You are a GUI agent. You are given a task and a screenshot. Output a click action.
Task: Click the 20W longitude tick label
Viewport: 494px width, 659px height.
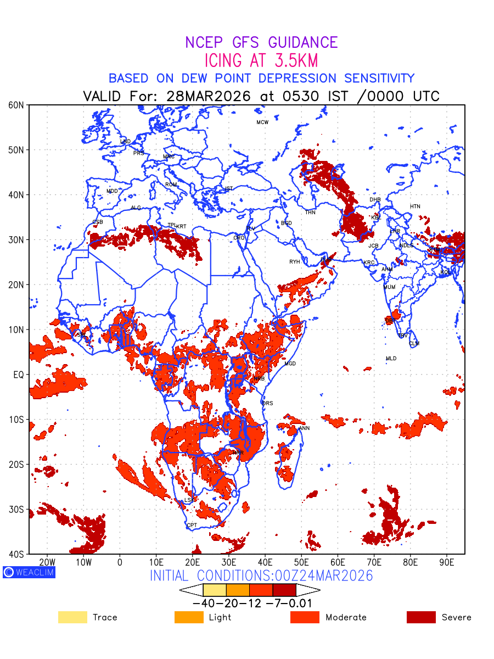(x=47, y=562)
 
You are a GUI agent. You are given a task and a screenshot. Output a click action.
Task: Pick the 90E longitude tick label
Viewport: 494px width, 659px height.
(x=447, y=562)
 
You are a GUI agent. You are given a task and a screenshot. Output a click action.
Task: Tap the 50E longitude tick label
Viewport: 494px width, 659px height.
(x=301, y=562)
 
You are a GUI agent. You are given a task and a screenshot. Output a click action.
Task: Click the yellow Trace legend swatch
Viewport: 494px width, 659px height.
(x=72, y=617)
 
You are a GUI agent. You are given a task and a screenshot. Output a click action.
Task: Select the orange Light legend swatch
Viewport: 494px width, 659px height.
(x=189, y=617)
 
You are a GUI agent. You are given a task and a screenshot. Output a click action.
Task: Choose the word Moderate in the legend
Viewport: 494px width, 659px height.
(x=346, y=617)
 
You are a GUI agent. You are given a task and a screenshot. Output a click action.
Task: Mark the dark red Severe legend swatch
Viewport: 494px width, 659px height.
(x=421, y=617)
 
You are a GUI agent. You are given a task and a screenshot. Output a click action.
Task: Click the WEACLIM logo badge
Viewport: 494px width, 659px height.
(x=29, y=572)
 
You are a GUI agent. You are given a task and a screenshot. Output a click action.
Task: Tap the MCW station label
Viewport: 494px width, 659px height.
(x=262, y=122)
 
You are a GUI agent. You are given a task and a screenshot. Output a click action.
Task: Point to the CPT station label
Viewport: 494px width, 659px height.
(x=192, y=526)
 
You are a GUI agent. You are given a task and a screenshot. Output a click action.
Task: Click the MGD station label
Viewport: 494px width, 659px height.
(x=290, y=364)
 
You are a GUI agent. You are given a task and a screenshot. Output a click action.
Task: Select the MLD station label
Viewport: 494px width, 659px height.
(x=391, y=359)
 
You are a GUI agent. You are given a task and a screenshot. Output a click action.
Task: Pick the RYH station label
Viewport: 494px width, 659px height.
(x=295, y=262)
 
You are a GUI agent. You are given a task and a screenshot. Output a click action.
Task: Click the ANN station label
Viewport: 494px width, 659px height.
(x=304, y=428)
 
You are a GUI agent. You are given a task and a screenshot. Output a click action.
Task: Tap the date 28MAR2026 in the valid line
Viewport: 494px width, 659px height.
(x=209, y=96)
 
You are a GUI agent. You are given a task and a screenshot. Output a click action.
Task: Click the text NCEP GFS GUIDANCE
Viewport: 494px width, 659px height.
(x=261, y=42)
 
